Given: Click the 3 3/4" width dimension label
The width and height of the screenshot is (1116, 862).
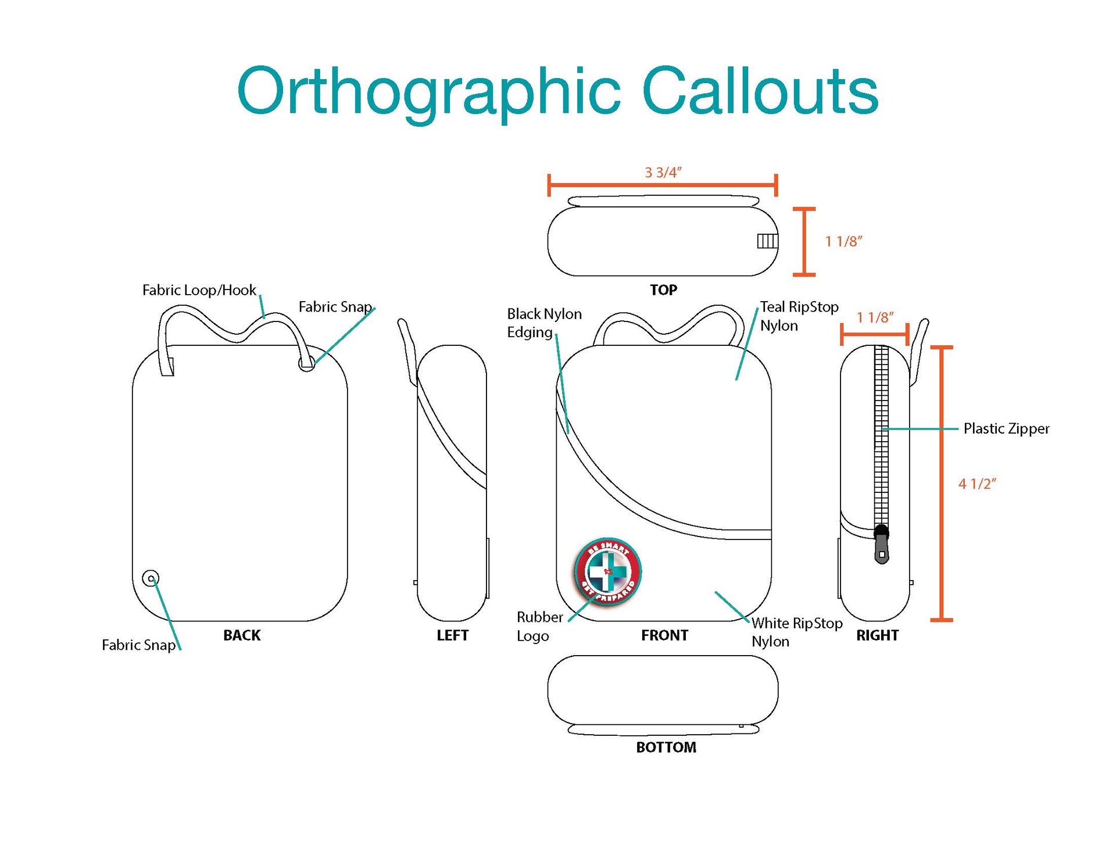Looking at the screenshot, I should click(663, 173).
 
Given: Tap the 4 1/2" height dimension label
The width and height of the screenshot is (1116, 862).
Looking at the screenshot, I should click(977, 484).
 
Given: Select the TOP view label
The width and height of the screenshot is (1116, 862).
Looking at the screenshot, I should click(663, 290).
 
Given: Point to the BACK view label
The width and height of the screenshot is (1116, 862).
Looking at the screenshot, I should click(242, 635).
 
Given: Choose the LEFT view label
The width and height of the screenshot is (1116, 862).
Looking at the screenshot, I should click(452, 635).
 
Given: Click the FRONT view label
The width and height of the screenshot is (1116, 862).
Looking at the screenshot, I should click(664, 635).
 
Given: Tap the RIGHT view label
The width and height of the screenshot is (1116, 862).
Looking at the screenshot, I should click(877, 635).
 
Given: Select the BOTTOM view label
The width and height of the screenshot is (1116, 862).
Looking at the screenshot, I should click(666, 747).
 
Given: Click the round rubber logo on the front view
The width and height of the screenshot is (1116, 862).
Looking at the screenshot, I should click(608, 571).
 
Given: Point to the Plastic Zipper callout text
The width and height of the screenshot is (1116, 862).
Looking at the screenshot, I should click(1006, 429).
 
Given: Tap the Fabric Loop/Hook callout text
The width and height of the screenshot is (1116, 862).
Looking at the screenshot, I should click(199, 290).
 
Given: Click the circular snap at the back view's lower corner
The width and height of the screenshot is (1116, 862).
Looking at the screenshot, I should click(151, 578).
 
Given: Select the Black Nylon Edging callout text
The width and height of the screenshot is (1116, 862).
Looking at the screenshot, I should click(544, 323).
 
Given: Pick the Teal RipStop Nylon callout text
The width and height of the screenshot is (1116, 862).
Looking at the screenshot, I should click(799, 316).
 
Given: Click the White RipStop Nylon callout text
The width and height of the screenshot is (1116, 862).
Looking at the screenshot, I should click(796, 632).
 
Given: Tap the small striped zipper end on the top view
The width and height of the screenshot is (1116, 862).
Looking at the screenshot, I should click(767, 241).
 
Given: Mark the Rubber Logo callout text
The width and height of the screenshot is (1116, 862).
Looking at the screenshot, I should click(539, 627).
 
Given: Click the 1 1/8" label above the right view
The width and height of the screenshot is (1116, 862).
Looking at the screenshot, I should click(875, 318).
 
